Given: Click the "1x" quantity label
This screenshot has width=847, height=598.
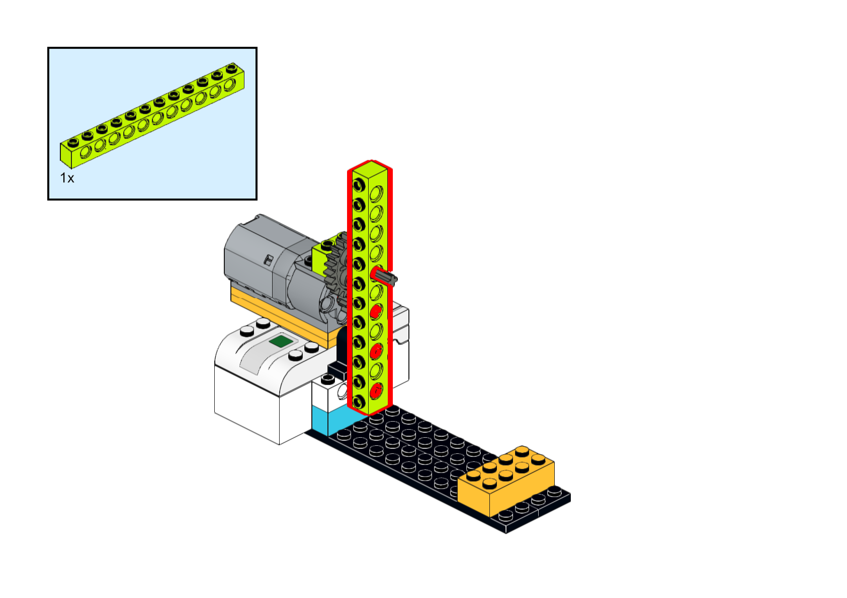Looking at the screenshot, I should click(x=67, y=178).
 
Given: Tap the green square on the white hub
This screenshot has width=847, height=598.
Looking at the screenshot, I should click(x=281, y=342).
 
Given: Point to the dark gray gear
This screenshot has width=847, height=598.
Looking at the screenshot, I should click(x=336, y=271).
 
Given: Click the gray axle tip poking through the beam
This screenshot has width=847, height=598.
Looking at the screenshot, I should click(x=387, y=276).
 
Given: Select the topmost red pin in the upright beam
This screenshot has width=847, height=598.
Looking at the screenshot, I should click(x=375, y=312).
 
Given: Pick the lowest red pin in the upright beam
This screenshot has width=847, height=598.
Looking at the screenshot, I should click(x=376, y=390).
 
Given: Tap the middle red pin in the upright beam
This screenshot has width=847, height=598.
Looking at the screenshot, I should click(x=376, y=351).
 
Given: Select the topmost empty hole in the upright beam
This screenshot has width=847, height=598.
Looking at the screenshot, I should click(x=376, y=193).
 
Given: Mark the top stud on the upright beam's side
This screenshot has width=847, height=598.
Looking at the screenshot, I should click(x=359, y=185).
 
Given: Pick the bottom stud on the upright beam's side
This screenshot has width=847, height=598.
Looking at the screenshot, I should click(x=359, y=401).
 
